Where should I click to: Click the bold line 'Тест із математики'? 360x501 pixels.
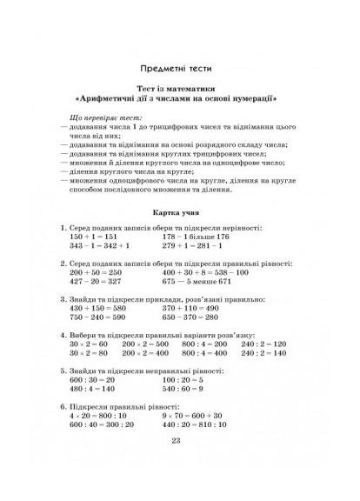point(180,89)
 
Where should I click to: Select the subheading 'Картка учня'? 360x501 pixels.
point(180,211)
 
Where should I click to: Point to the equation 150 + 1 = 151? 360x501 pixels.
point(98,236)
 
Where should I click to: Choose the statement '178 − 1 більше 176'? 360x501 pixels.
point(196,236)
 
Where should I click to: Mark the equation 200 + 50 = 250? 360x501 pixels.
point(97,272)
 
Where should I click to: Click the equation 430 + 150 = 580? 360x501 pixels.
point(100,309)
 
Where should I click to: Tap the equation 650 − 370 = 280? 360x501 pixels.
point(192,317)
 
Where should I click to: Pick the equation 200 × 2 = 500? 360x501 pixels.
point(144,345)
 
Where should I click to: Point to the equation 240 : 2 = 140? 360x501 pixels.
point(261,354)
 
